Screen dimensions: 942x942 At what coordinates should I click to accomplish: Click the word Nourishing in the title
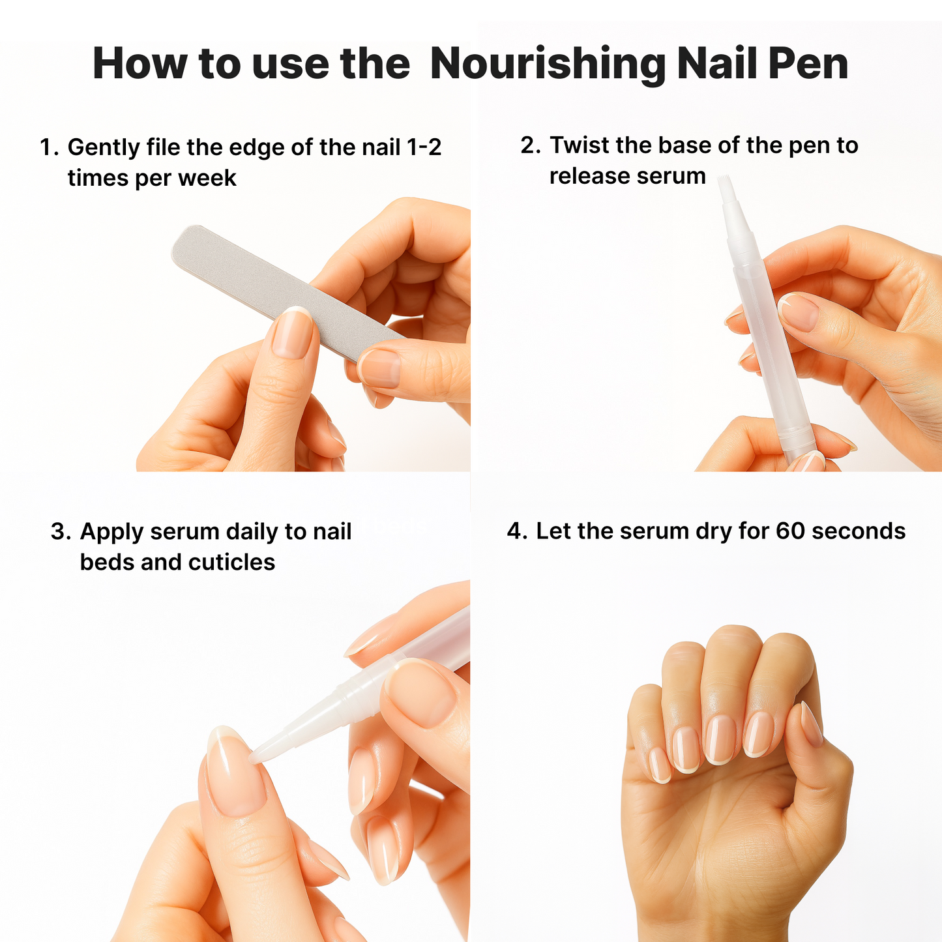[548, 65]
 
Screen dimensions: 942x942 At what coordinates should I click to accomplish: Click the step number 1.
[48, 147]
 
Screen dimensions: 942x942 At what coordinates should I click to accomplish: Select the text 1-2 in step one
[424, 147]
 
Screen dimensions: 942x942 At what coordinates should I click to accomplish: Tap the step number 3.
[59, 532]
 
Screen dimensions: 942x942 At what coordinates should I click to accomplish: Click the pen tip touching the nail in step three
[258, 755]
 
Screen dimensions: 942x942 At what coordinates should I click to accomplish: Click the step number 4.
[516, 531]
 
